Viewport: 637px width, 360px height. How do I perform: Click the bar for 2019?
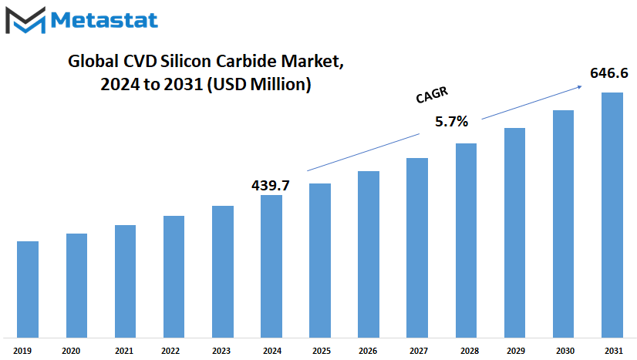tap(28, 289)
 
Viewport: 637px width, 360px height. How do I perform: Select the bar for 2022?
tap(174, 277)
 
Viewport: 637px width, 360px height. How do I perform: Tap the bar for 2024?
tap(271, 266)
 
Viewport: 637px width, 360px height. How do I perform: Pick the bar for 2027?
tap(417, 248)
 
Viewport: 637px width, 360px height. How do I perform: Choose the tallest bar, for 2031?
tap(612, 215)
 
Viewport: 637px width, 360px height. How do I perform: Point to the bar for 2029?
tap(514, 233)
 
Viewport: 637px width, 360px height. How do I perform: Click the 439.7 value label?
tap(271, 186)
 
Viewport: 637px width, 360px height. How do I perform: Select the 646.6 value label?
tap(609, 73)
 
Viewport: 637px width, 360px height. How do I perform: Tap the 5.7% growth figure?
tap(451, 121)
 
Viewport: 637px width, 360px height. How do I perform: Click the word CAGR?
tap(432, 95)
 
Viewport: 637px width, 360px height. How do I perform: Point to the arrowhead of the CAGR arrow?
tap(581, 86)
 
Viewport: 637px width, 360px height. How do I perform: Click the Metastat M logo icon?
tap(25, 20)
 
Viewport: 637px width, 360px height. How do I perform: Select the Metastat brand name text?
tap(104, 20)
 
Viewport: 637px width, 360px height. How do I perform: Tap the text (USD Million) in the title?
tap(259, 85)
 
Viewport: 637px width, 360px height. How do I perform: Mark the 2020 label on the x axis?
tap(71, 351)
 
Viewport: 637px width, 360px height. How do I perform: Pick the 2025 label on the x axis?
tap(322, 351)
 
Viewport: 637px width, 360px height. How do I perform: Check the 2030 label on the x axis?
tap(565, 351)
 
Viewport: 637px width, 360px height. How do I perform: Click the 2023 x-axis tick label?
tap(221, 351)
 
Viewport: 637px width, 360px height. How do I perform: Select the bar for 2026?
tap(369, 254)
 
